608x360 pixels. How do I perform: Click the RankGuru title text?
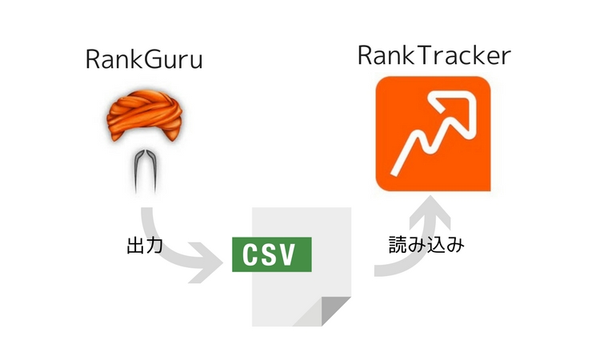tap(143, 62)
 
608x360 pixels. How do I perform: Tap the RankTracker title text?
tap(434, 57)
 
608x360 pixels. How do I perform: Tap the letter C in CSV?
tap(250, 254)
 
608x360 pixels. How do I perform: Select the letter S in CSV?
tap(271, 254)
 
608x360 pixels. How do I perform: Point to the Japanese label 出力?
tap(145, 246)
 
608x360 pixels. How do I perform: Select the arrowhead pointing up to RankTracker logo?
tap(433, 209)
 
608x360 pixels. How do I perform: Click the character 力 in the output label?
tap(154, 246)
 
